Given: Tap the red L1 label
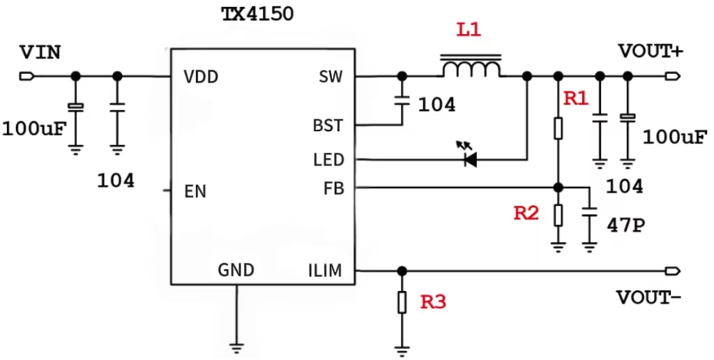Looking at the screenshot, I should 469,31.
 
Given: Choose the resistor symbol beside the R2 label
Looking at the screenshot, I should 558,214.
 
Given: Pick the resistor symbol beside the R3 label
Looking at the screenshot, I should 402,302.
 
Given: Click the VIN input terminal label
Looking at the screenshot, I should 40,52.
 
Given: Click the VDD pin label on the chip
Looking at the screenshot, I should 202,77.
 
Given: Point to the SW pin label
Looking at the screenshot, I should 331,77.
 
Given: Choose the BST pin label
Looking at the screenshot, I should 328,126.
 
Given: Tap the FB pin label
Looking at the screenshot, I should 333,188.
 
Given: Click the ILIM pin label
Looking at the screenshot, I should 324,271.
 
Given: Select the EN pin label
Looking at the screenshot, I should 195,191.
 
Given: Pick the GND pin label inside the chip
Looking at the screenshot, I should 236,270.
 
